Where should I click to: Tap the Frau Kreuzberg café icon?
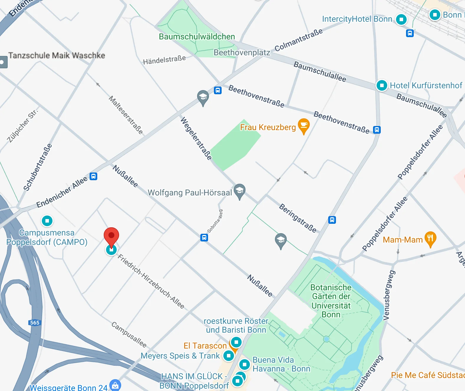click(304, 126)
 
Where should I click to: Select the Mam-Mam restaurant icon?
click(430, 239)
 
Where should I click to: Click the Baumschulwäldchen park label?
click(197, 37)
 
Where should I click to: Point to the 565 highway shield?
click(35, 322)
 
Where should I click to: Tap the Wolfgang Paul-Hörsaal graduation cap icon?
click(240, 191)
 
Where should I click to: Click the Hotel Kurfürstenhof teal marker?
click(382, 85)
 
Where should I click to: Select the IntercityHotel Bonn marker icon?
click(401, 19)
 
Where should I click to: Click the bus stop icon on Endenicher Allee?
click(93, 176)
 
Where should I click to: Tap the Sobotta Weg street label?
click(215, 221)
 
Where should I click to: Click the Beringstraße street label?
click(298, 218)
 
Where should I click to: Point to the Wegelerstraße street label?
click(196, 138)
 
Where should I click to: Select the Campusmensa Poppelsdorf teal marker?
click(47, 221)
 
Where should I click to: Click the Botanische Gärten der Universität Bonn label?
click(331, 301)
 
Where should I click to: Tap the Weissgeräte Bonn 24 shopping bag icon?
click(115, 385)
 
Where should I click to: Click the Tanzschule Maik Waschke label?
click(57, 55)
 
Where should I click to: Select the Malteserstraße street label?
click(126, 115)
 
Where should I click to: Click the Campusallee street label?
click(129, 334)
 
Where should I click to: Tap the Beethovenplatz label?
click(242, 52)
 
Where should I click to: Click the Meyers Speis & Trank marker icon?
click(229, 356)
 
